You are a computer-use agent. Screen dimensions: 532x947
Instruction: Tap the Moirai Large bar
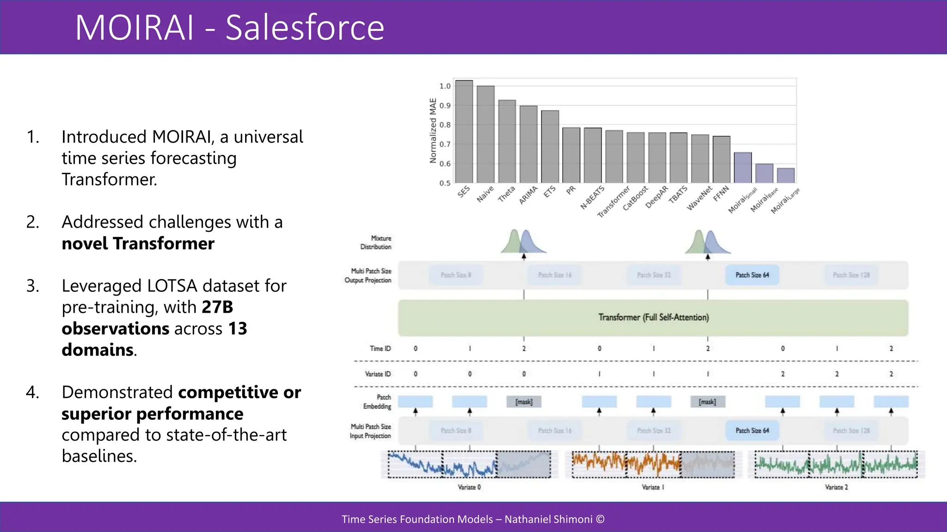786,175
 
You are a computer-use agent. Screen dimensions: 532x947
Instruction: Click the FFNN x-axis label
721,193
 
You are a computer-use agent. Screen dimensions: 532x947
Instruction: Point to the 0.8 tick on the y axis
445,125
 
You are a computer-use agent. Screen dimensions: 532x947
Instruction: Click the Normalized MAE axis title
433,131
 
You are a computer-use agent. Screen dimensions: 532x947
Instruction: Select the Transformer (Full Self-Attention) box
653,318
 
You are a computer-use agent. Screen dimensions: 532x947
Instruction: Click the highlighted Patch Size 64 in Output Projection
752,275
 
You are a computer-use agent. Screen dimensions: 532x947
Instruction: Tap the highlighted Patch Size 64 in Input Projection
752,431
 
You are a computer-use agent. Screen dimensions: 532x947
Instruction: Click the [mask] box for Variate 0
524,402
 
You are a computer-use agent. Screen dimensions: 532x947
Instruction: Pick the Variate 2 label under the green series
836,487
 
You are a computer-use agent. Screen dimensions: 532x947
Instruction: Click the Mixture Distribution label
376,242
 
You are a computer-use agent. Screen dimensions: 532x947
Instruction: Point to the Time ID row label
380,349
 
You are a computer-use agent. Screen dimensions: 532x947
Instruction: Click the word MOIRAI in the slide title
135,28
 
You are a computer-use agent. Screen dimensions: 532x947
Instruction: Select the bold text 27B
217,307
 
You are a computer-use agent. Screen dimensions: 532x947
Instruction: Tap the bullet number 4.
32,392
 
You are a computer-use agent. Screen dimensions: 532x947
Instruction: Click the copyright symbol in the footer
600,519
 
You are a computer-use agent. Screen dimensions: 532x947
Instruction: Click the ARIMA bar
529,144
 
